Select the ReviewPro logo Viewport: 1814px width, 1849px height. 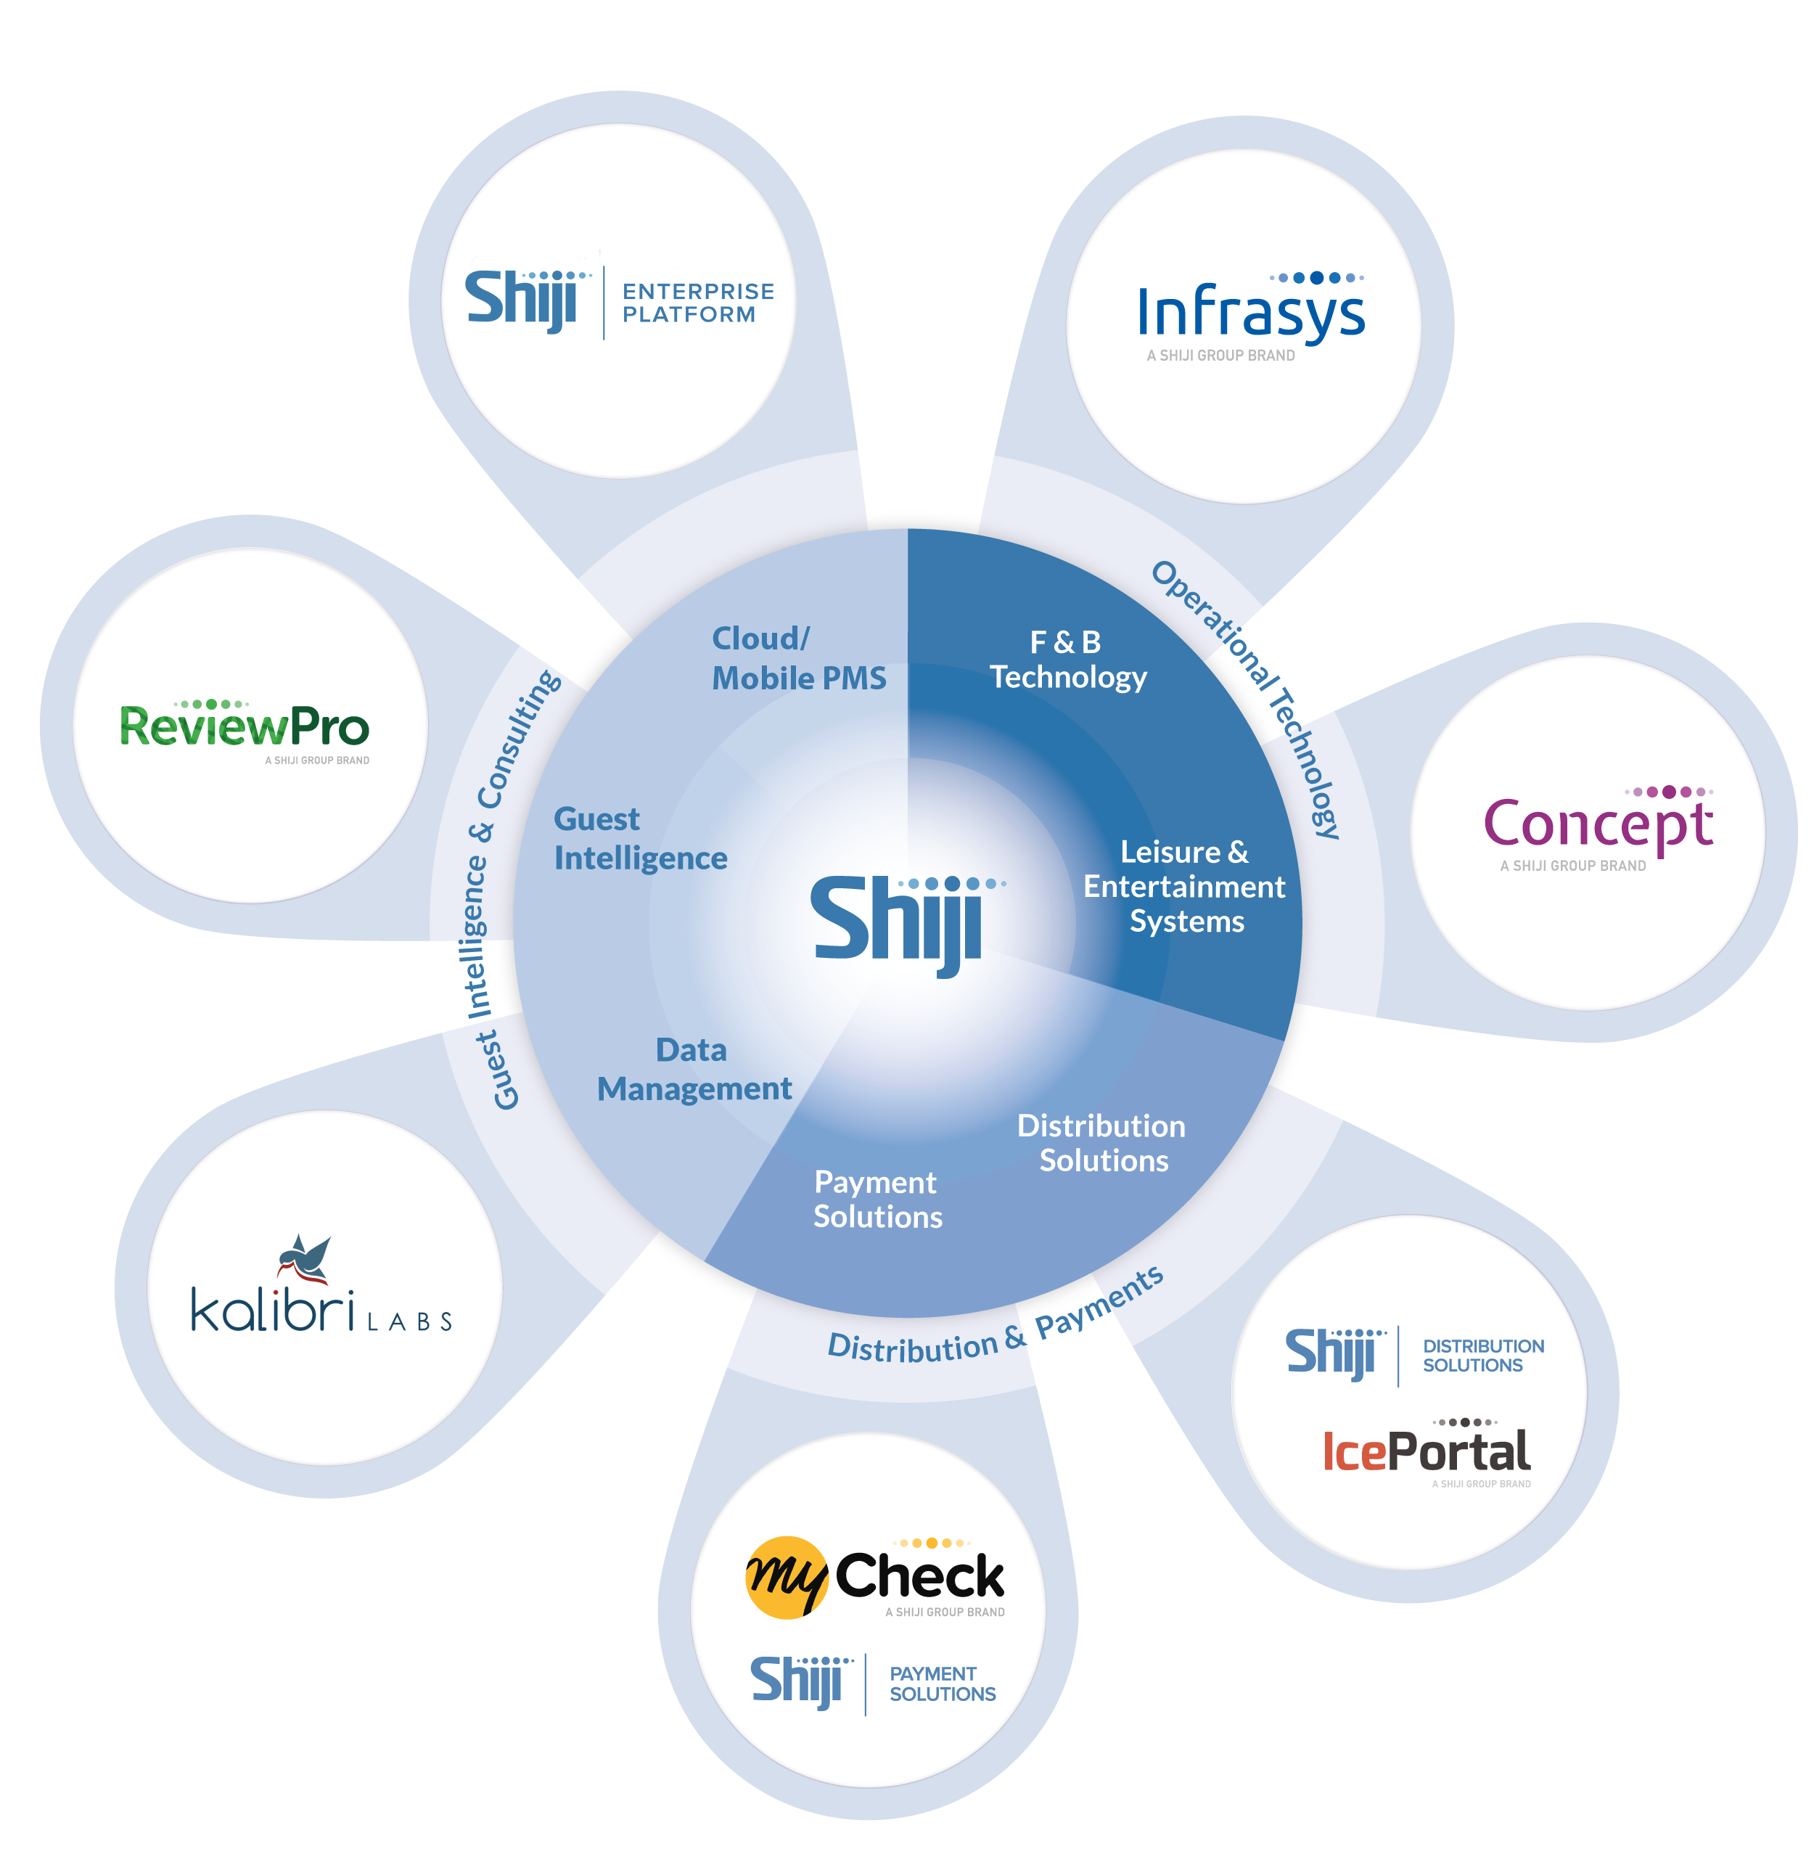point(244,727)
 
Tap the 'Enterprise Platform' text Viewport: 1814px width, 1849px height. point(697,303)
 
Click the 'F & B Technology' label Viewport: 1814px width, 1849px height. point(1067,659)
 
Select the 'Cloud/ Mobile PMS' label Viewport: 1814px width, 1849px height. point(798,657)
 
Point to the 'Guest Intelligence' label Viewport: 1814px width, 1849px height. point(640,838)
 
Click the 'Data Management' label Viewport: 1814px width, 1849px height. point(694,1069)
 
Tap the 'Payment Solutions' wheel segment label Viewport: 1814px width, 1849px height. point(877,1200)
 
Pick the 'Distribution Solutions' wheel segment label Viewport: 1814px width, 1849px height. point(1102,1143)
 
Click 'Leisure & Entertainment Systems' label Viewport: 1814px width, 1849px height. point(1184,886)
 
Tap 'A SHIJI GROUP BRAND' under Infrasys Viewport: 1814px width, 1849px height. point(1220,356)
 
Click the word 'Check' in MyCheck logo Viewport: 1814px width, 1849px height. point(919,1577)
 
